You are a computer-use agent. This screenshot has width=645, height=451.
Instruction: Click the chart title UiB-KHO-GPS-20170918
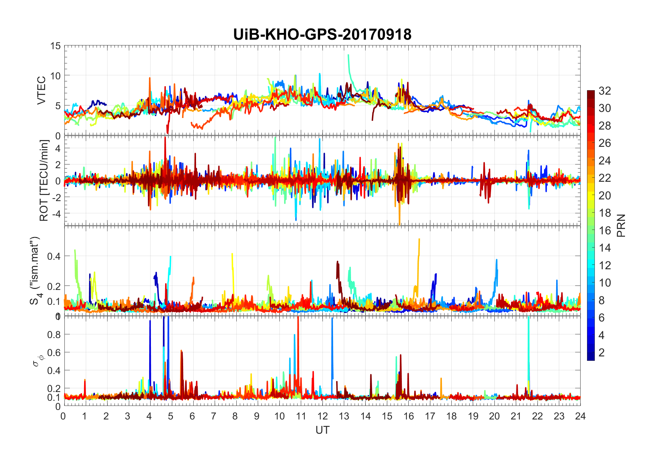tap(322, 35)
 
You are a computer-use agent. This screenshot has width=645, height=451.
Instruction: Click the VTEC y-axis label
tap(41, 90)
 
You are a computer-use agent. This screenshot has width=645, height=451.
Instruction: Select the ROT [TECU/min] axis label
tap(44, 180)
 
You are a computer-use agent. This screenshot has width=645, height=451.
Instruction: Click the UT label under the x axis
tap(322, 430)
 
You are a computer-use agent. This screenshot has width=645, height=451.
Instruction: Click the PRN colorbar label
tap(621, 225)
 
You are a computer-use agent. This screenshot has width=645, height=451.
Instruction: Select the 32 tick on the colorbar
tap(605, 91)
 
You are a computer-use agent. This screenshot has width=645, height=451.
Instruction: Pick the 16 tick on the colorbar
tap(605, 231)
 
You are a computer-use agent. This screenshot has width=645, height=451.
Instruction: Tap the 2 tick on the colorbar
tap(601, 353)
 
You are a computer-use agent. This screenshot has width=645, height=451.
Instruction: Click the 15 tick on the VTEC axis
tap(56, 46)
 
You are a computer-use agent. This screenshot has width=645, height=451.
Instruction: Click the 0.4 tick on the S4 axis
tap(54, 256)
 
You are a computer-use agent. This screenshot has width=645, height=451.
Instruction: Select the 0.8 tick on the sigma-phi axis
tap(54, 334)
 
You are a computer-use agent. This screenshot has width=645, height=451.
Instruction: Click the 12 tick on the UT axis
tap(322, 416)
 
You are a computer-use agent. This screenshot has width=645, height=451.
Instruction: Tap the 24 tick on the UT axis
tap(580, 416)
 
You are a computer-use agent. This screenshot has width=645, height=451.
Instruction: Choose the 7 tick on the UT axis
tap(213, 416)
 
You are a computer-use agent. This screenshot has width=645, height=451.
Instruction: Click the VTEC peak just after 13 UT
tap(348, 55)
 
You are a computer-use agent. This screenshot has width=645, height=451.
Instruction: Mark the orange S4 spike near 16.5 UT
tap(419, 239)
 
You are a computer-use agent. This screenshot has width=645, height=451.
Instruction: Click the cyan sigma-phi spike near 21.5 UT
tap(528, 319)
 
